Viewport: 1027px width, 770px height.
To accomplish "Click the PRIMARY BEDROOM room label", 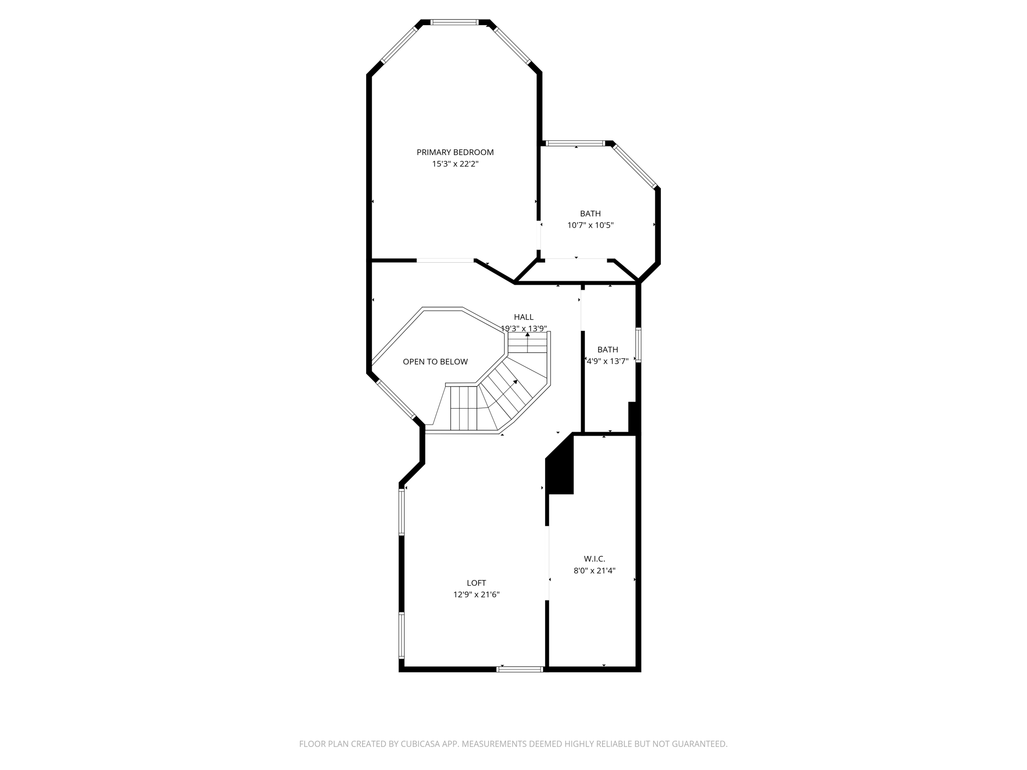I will click(455, 152).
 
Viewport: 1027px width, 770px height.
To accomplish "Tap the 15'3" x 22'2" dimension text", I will click(455, 164).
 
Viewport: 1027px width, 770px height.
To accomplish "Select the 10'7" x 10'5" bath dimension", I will click(590, 226).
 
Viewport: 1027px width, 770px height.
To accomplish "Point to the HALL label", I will click(524, 317).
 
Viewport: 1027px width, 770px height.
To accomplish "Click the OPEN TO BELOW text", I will click(435, 362).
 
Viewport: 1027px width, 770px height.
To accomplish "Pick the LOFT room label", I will click(476, 583).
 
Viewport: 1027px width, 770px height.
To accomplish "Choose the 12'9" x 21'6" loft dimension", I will click(476, 595).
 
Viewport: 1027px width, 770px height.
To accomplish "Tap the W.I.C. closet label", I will click(594, 559).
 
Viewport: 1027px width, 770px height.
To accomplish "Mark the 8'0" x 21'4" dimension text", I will click(594, 570).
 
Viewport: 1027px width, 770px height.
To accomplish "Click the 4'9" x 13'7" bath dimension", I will click(608, 361).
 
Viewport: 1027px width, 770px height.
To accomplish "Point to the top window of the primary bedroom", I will click(455, 22).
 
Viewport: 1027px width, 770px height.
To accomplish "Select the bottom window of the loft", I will click(520, 669).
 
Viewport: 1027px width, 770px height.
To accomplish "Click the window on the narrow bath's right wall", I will click(638, 344).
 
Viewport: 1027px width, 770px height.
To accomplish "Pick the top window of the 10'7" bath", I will click(575, 143).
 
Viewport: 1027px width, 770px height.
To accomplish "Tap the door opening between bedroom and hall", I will click(445, 260).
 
